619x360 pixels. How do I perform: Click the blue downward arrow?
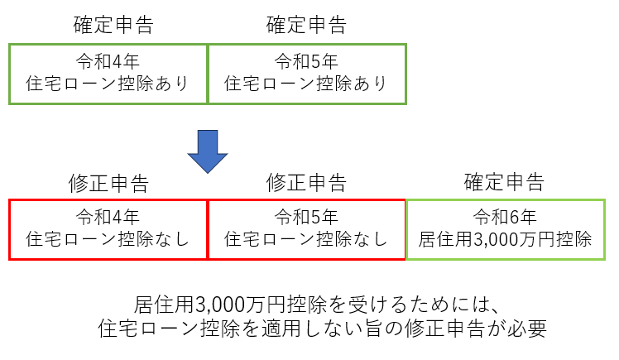(208, 151)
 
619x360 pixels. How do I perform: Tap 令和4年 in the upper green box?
(108, 61)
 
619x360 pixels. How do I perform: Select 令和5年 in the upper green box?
(306, 61)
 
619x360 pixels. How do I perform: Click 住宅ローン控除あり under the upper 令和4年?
(108, 84)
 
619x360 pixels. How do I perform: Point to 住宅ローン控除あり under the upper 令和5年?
(306, 84)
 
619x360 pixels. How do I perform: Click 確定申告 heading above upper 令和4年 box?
(113, 25)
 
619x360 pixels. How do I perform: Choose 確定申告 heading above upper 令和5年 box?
(306, 25)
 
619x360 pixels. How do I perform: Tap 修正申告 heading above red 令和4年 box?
(108, 183)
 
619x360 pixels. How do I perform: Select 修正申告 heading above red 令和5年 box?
(306, 182)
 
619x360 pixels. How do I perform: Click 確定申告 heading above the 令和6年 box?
(504, 182)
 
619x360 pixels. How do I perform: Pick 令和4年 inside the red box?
(108, 217)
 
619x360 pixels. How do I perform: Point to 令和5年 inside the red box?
(306, 217)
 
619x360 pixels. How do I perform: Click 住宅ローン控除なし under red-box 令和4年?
(108, 239)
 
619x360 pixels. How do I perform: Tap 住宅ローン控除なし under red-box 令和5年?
(306, 239)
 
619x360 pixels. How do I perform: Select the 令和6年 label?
(505, 217)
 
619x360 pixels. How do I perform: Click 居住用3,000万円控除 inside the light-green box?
(506, 239)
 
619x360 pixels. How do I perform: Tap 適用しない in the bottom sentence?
(312, 329)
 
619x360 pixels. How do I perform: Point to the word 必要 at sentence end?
(527, 329)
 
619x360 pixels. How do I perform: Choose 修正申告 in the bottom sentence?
(444, 329)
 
